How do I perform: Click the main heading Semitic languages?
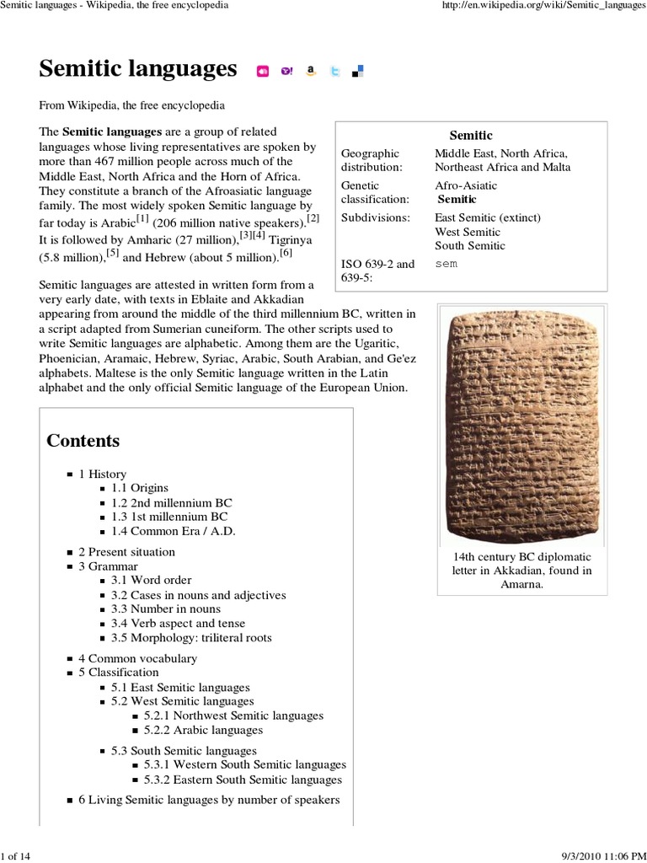(x=138, y=70)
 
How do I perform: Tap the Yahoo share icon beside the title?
(x=286, y=72)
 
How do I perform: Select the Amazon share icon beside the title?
(x=311, y=72)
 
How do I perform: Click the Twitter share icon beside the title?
(x=334, y=72)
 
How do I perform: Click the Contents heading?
(x=83, y=441)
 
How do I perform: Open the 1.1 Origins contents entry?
(x=140, y=488)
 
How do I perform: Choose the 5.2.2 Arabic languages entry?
(x=203, y=730)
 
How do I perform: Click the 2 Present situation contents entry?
(x=126, y=552)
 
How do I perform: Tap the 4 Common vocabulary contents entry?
(x=137, y=658)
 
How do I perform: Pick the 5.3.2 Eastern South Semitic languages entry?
(x=243, y=780)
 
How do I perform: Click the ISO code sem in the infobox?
(x=446, y=264)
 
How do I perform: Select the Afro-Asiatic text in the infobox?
(x=466, y=185)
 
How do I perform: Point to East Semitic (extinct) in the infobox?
(x=488, y=217)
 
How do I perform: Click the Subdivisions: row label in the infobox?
(x=375, y=217)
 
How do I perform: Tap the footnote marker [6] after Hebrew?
(x=286, y=254)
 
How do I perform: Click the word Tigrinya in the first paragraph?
(x=291, y=239)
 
